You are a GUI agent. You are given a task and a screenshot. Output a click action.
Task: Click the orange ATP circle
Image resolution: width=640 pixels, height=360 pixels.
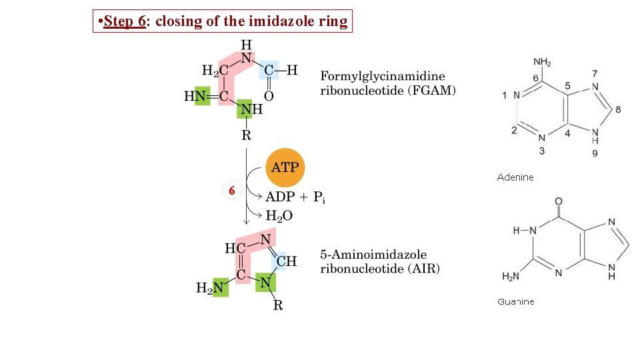(x=285, y=167)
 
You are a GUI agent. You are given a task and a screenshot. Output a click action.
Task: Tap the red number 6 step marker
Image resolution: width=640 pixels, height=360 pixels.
(x=231, y=191)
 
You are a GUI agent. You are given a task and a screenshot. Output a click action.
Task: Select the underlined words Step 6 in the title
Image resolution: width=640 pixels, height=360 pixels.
(x=125, y=21)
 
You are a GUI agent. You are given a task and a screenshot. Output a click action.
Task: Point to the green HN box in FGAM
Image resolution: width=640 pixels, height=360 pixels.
(x=197, y=97)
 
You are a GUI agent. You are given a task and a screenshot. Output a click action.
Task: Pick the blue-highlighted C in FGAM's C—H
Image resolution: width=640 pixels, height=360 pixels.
(x=269, y=69)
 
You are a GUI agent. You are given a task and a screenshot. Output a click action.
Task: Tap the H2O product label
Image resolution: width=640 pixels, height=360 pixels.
(x=279, y=215)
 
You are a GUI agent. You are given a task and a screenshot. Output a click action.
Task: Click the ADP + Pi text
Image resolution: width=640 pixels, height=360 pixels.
(x=295, y=197)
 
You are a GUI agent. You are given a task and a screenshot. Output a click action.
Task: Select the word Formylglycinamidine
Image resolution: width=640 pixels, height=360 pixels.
(x=383, y=76)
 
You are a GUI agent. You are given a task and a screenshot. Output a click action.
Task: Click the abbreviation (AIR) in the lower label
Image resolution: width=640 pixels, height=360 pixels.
(x=425, y=269)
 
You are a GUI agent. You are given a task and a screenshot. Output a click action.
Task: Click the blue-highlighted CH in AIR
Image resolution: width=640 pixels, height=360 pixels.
(x=286, y=261)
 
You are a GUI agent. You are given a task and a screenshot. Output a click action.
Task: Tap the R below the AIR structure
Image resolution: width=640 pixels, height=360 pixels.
(x=278, y=306)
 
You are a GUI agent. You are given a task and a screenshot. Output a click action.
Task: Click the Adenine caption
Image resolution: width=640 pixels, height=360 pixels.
(x=515, y=177)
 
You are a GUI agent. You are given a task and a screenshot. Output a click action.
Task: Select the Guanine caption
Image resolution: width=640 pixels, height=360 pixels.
(x=515, y=302)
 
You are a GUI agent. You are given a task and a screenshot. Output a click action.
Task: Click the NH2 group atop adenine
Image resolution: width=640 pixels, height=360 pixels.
(x=542, y=63)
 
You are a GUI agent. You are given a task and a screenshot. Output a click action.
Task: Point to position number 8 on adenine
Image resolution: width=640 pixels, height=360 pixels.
(x=618, y=109)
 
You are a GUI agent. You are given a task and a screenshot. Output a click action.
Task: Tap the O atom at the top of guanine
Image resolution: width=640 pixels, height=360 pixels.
(x=558, y=201)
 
